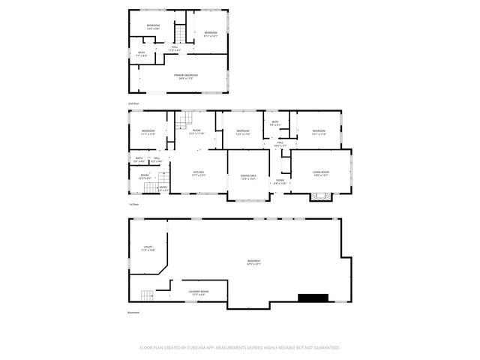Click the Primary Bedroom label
pyautogui.click(x=186, y=76)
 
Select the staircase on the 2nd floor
pyautogui.click(x=180, y=34)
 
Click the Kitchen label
pyautogui.click(x=199, y=173)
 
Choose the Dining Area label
pyautogui.click(x=248, y=177)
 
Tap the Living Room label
pyautogui.click(x=321, y=173)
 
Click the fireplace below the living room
pyautogui.click(x=321, y=197)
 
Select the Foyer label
pyautogui.click(x=280, y=181)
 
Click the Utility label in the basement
pyautogui.click(x=148, y=247)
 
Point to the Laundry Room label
pyautogui.click(x=199, y=292)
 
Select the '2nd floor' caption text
pyautogui.click(x=133, y=103)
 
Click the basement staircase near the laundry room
pyautogui.click(x=146, y=295)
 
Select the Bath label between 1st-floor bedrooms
pyautogui.click(x=275, y=124)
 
